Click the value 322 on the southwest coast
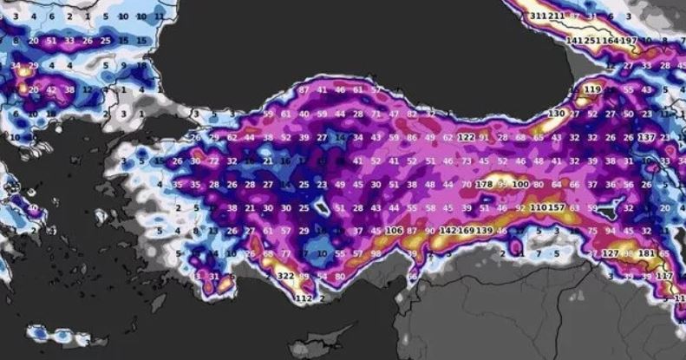[285, 276]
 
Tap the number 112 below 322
[303, 298]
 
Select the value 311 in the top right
[539, 16]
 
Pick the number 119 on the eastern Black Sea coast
[593, 89]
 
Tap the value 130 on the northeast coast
[556, 114]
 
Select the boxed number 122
[467, 137]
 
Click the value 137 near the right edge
[646, 137]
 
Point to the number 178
[485, 185]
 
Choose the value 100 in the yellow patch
[520, 185]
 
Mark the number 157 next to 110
[556, 208]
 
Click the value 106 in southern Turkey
[394, 231]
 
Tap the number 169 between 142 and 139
[466, 231]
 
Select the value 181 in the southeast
[646, 253]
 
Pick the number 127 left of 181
[611, 253]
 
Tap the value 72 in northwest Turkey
[213, 160]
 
